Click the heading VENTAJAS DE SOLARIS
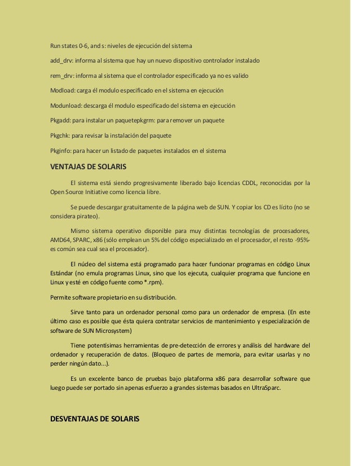(88, 167)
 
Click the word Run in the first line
(55, 45)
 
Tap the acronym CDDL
(249, 183)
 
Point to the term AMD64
(60, 240)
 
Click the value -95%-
(299, 240)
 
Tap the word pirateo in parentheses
(87, 216)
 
